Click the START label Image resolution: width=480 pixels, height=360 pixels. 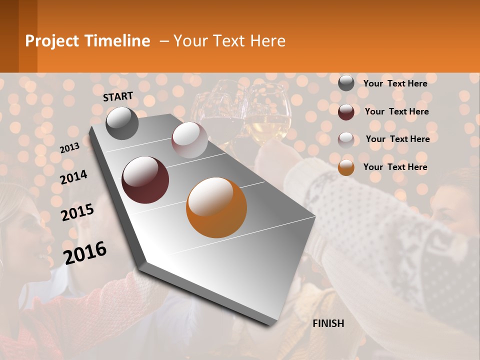tap(118, 96)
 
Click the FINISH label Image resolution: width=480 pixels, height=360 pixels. tap(328, 323)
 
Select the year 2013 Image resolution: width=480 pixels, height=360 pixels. tap(69, 147)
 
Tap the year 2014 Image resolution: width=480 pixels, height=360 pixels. tap(73, 177)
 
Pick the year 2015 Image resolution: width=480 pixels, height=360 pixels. tap(77, 212)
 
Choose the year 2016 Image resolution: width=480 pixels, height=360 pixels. tap(85, 252)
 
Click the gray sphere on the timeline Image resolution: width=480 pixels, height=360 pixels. tap(122, 123)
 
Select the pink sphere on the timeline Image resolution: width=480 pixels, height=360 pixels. tap(189, 139)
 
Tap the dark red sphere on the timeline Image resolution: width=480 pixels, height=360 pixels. tap(145, 180)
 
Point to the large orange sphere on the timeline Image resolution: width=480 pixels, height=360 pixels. tap(216, 207)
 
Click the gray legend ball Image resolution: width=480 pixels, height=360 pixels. tap(346, 83)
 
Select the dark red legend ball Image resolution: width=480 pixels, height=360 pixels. tap(346, 111)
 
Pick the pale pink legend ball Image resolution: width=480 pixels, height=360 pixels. tap(346, 139)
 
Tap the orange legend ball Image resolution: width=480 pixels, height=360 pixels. tap(346, 167)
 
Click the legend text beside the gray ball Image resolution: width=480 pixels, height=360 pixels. tap(395, 83)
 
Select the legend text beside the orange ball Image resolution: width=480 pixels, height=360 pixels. tap(395, 167)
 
